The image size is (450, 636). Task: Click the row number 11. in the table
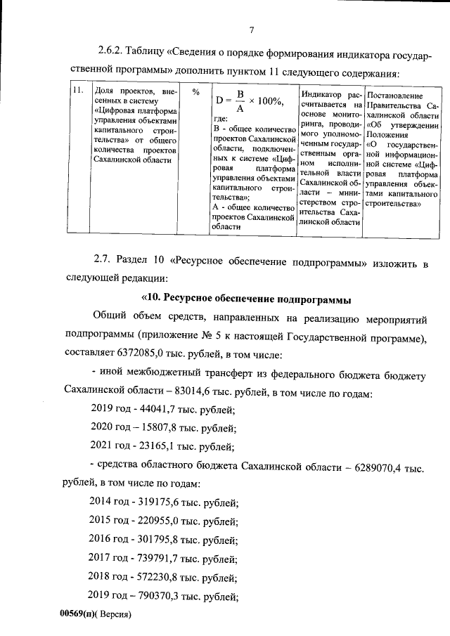(79, 91)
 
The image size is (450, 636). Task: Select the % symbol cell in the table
(196, 92)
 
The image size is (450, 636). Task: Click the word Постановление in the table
(394, 95)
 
